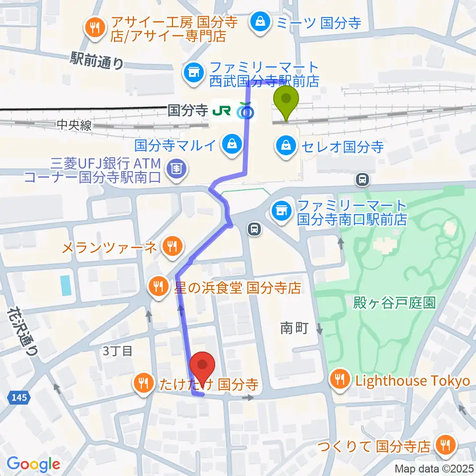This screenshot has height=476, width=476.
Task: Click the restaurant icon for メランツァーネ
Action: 172,246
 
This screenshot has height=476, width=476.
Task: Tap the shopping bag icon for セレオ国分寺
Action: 286,147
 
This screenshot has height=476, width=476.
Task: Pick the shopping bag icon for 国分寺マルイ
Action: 231,145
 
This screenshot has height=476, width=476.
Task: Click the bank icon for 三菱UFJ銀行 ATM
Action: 177,169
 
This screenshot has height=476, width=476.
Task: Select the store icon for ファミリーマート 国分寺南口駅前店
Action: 281,211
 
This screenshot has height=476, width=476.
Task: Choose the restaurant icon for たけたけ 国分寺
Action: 143,383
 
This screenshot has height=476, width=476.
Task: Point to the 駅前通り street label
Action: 97,62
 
